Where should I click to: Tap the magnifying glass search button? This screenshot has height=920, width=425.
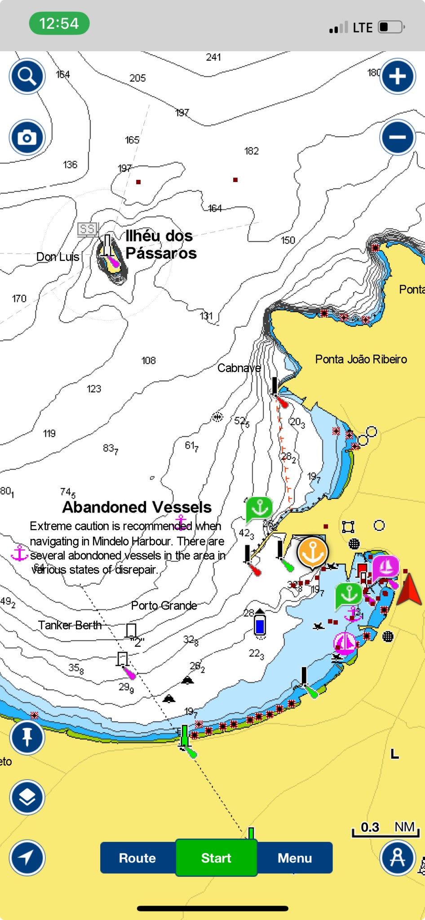click(x=27, y=76)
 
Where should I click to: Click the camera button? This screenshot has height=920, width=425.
click(x=27, y=137)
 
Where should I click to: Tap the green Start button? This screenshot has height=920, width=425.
click(x=216, y=858)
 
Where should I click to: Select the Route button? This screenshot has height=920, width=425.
click(x=137, y=858)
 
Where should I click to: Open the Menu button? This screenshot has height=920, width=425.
click(x=295, y=858)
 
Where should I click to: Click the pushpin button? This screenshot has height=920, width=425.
click(x=27, y=737)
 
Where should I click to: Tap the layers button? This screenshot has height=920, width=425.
click(x=27, y=797)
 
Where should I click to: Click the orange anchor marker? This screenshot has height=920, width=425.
click(x=313, y=552)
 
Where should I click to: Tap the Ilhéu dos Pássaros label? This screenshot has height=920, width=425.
click(x=160, y=244)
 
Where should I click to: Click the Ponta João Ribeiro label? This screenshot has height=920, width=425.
click(x=361, y=359)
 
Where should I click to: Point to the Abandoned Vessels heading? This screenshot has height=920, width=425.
click(x=137, y=507)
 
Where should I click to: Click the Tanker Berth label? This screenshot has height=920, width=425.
click(x=70, y=625)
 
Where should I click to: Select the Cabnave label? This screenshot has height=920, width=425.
click(x=239, y=368)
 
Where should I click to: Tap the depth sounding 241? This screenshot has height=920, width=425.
click(x=213, y=57)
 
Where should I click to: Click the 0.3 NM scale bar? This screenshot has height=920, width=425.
click(x=385, y=830)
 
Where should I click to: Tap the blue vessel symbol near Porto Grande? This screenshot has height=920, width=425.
click(x=260, y=625)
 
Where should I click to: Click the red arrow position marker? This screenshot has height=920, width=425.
click(x=409, y=589)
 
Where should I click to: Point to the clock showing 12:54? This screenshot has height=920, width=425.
click(x=59, y=23)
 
